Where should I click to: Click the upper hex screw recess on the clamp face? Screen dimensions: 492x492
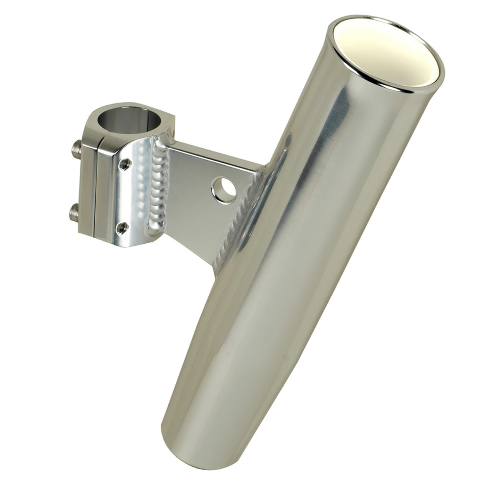click(x=124, y=164)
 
